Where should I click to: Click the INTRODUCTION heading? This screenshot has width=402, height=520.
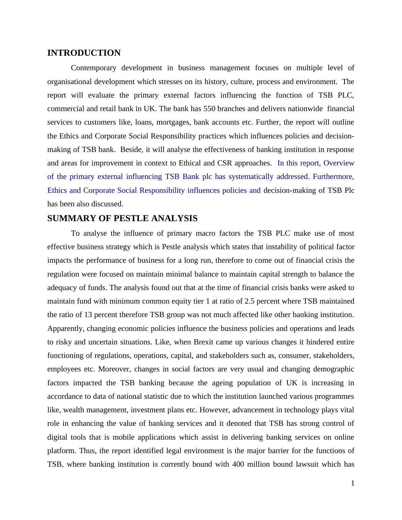[84, 53]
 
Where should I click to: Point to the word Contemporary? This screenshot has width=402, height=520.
[94, 68]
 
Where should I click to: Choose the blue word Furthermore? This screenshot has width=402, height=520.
[333, 177]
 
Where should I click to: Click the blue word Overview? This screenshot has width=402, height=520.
[339, 163]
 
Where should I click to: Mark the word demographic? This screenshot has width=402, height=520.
[334, 369]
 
